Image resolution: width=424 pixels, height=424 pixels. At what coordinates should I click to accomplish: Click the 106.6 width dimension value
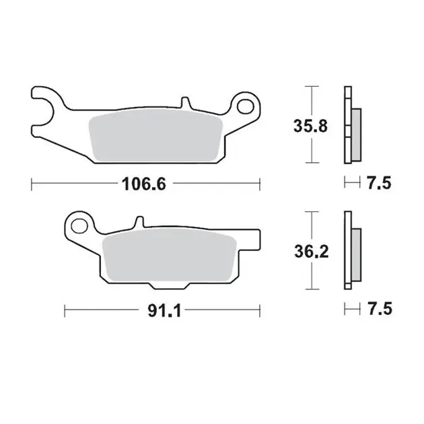144,184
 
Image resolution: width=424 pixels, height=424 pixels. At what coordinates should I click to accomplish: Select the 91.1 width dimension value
164,311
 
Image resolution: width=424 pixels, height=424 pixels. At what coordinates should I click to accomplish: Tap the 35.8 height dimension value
310,126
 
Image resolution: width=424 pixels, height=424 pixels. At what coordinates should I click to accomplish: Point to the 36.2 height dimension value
312,252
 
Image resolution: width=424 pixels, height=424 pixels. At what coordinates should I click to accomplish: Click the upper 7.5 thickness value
379,183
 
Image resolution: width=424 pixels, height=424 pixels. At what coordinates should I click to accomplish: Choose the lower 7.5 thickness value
380,309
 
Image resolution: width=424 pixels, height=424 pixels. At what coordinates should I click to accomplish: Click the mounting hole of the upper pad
246,106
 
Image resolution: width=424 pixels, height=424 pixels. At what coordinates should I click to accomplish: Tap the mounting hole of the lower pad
79,225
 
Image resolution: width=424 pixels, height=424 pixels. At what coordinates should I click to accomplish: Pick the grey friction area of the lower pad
170,254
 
